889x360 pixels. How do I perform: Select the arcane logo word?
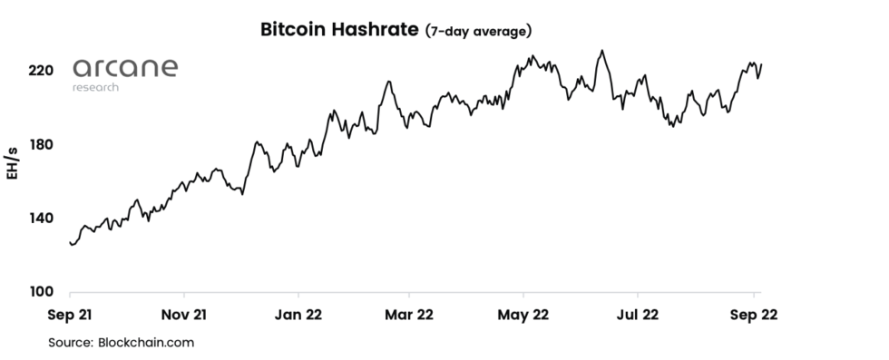point(125,69)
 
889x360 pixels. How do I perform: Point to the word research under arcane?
point(95,87)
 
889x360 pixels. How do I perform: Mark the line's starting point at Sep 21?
point(70,242)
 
